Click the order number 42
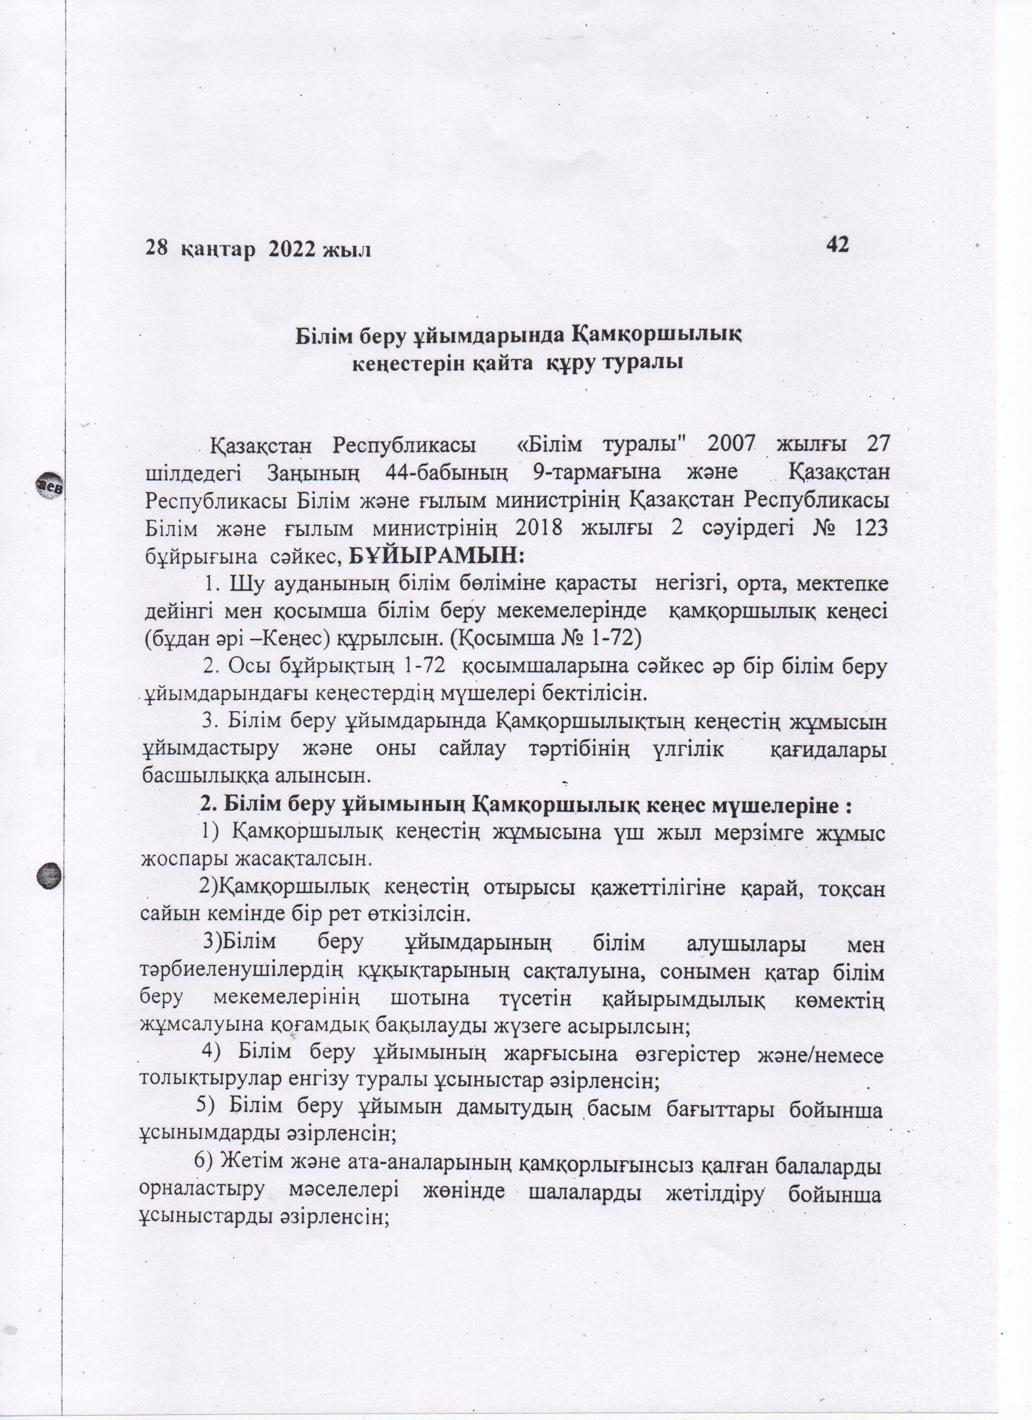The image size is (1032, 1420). coord(837,244)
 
